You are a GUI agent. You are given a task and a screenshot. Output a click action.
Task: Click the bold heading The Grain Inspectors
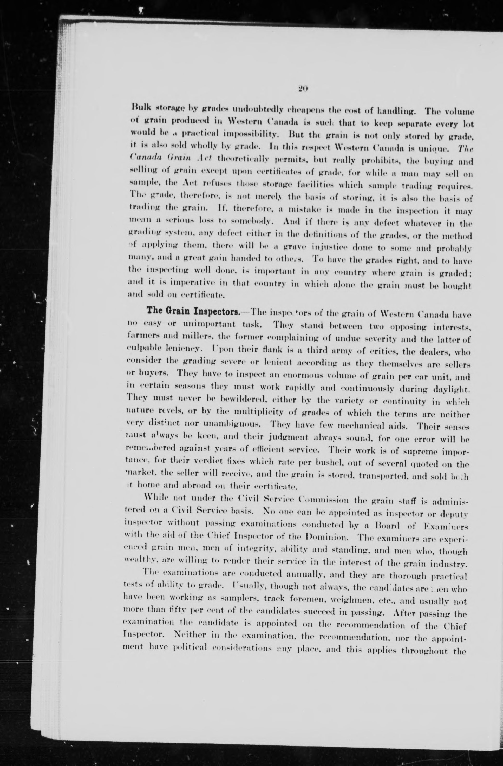[193, 312]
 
